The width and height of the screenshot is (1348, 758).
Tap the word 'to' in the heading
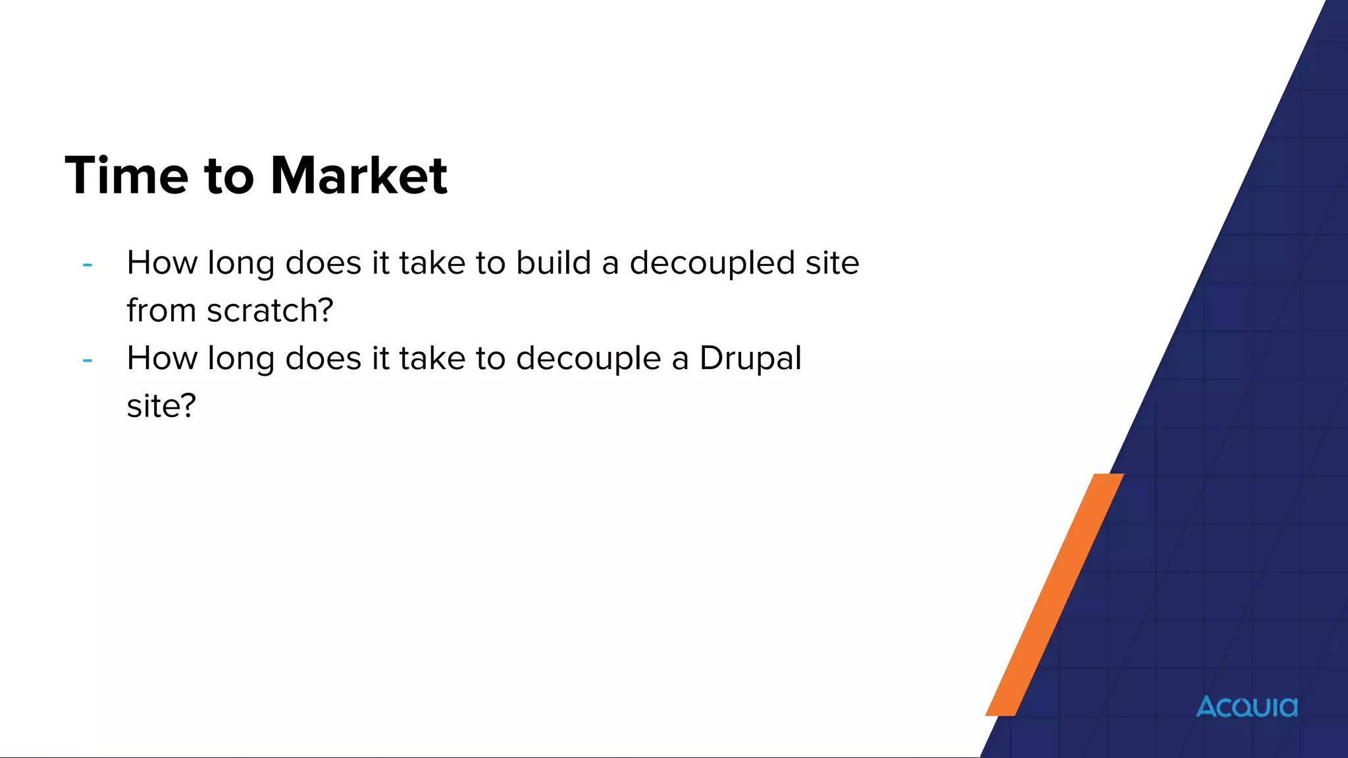(229, 176)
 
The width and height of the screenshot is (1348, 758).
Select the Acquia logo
(1247, 707)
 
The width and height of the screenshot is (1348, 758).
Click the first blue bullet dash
(88, 265)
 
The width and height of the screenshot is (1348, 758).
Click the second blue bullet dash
(88, 361)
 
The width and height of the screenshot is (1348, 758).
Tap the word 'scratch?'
(270, 310)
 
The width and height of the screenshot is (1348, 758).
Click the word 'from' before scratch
(161, 310)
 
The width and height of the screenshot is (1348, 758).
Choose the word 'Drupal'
(750, 359)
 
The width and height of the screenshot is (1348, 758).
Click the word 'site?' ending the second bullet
(161, 405)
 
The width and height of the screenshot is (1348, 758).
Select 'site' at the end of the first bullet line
(833, 263)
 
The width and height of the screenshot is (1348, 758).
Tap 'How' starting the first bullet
(162, 263)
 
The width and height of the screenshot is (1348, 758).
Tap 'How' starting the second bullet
(162, 358)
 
